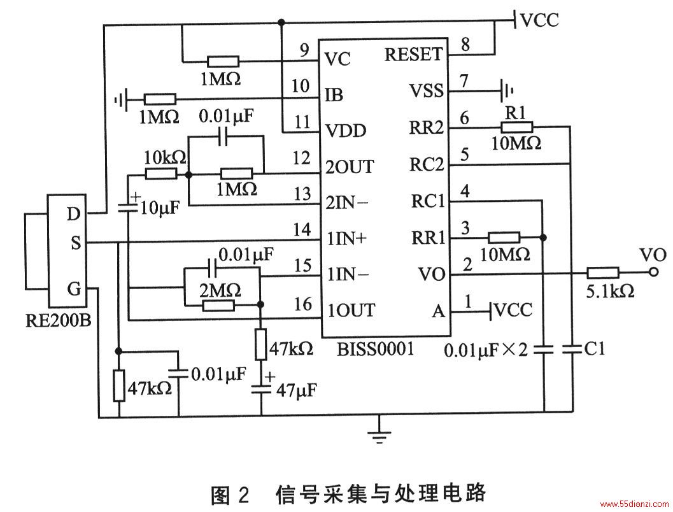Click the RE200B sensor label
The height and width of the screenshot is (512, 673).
[59, 320]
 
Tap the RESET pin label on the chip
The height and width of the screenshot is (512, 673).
[413, 55]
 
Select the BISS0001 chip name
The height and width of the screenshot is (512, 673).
[376, 349]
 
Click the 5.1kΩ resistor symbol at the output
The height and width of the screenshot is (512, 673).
[602, 273]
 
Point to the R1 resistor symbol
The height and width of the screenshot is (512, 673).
[517, 127]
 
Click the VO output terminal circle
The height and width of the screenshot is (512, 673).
[654, 272]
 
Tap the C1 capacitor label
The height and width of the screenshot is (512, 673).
[595, 349]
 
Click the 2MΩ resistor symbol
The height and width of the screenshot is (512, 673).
[218, 306]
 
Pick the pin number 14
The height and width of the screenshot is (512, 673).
[302, 230]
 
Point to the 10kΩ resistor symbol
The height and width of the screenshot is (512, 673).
[161, 174]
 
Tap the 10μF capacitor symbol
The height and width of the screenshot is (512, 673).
[129, 208]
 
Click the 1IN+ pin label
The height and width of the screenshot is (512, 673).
[347, 239]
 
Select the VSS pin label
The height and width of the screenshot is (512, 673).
[426, 91]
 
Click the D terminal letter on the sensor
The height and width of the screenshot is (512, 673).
[73, 214]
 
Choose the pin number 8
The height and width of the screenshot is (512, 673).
[465, 44]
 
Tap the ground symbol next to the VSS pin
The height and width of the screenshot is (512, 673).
[507, 90]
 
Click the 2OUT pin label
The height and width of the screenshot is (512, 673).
[350, 166]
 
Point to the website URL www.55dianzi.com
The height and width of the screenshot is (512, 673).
[634, 504]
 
